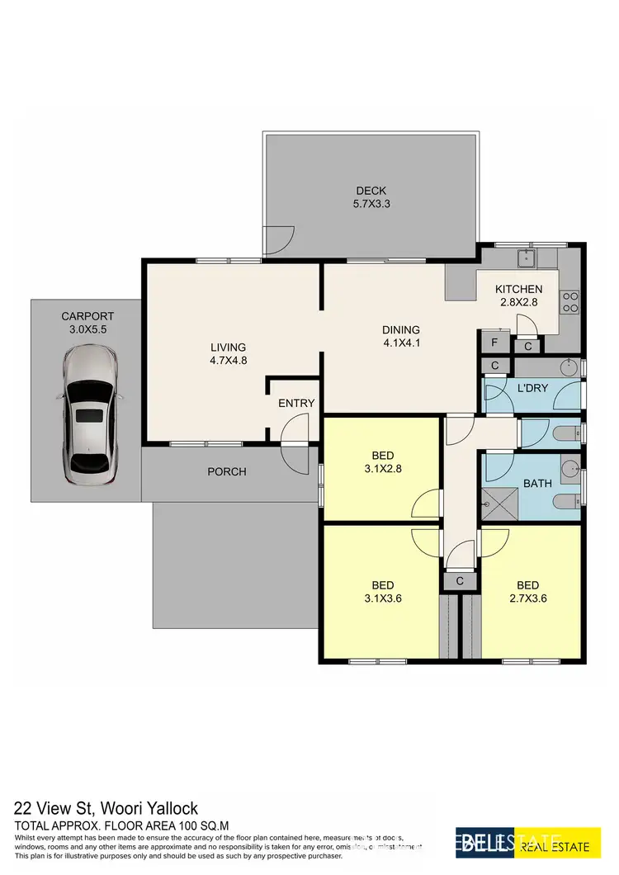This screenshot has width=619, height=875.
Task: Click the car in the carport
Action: point(90,418)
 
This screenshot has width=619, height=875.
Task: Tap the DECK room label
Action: point(371,192)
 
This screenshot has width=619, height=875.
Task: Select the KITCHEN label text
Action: point(518,289)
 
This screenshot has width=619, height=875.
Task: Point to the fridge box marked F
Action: point(494,343)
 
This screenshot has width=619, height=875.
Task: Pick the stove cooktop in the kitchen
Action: point(569,302)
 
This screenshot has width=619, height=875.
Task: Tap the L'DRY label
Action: point(532,388)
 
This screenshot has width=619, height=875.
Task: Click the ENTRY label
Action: point(295,403)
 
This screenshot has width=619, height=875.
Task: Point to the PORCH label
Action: point(227,472)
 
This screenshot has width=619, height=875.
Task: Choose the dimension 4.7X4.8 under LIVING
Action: point(229,361)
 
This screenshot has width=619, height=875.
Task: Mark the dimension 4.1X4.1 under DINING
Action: point(400,343)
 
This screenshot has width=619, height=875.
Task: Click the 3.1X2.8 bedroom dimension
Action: point(383,469)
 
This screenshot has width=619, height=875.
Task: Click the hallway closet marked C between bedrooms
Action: point(459,582)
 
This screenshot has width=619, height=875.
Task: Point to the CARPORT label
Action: point(87,316)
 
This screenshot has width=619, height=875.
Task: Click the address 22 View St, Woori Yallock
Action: point(106,808)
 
